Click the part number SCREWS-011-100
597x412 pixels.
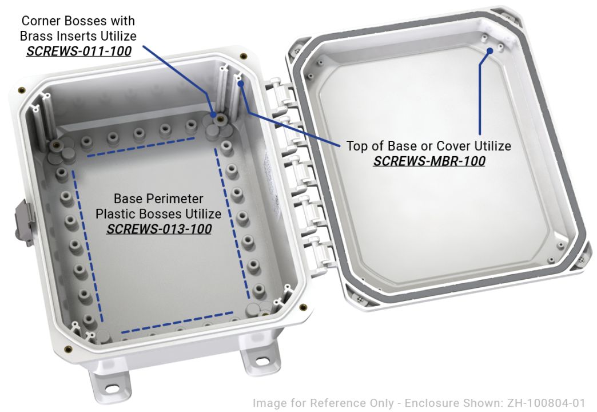[79, 51]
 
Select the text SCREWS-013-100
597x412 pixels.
[159, 229]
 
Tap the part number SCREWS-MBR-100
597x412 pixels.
[429, 161]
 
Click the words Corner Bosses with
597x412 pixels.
[78, 21]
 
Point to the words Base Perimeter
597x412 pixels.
[158, 199]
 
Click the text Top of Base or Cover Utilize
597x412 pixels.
[429, 146]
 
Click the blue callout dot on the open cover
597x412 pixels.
[490, 50]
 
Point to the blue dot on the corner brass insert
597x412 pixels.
[217, 115]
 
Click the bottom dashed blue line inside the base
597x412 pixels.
[177, 322]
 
